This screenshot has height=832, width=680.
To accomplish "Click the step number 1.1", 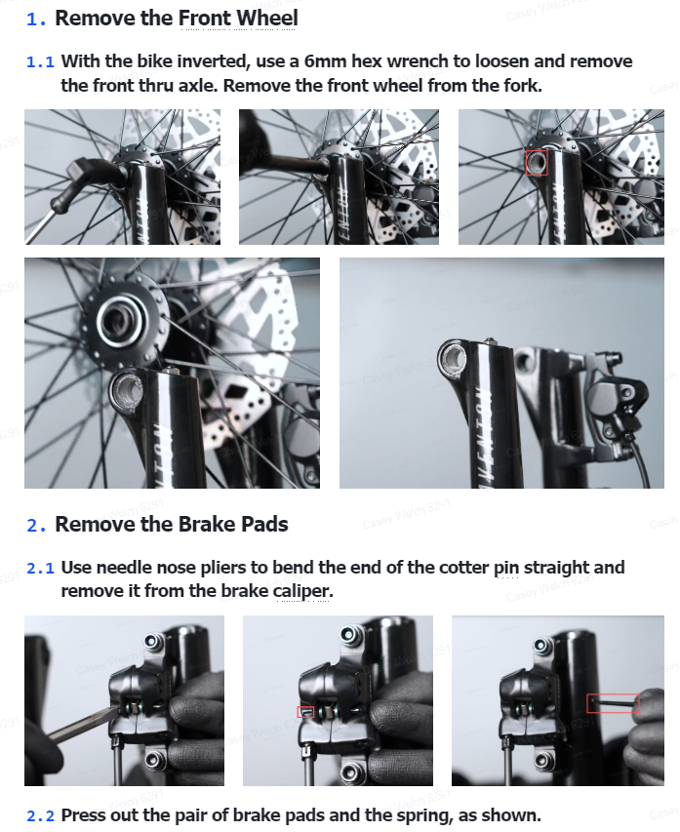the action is click(x=40, y=62).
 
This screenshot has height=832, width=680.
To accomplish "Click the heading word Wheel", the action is click(x=267, y=18).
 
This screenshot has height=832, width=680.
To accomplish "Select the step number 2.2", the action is click(x=40, y=815).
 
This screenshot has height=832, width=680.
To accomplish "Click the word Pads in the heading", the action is click(x=264, y=524).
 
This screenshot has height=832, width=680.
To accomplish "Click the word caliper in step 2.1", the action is click(x=303, y=591).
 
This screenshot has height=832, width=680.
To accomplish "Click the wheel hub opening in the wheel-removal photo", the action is click(x=118, y=320).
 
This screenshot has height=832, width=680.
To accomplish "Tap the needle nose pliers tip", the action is click(x=113, y=710).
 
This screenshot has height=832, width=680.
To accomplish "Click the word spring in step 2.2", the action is click(x=423, y=815).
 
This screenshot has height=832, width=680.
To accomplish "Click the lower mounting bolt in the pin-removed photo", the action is click(x=542, y=761).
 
